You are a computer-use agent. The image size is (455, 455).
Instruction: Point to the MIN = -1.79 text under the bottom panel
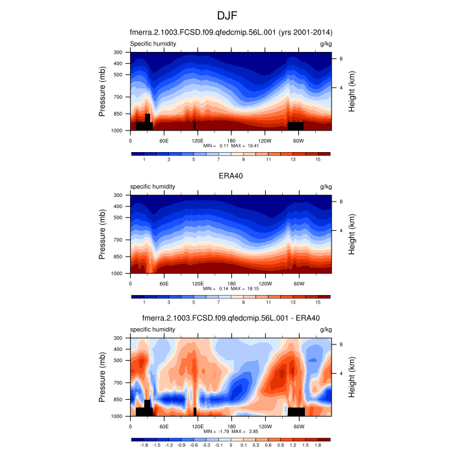click(x=214, y=432)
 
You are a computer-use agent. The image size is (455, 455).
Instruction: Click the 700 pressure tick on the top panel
click(x=118, y=97)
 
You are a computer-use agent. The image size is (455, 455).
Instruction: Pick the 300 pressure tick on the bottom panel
click(x=118, y=338)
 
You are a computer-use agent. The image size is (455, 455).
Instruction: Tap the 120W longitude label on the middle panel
click(x=265, y=283)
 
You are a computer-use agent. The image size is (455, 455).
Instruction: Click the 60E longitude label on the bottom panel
click(x=164, y=426)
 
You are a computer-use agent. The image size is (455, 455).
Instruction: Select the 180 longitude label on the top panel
click(x=231, y=140)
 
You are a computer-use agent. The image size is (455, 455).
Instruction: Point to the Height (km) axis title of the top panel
click(x=352, y=92)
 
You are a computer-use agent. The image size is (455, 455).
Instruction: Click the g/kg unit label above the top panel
click(x=326, y=44)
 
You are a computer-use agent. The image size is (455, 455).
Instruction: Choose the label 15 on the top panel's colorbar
click(x=318, y=159)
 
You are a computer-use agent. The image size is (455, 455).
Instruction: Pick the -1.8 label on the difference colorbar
click(x=144, y=445)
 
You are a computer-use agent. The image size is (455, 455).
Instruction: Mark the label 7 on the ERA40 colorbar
click(x=218, y=302)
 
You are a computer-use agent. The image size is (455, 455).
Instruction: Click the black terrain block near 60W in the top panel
click(x=296, y=125)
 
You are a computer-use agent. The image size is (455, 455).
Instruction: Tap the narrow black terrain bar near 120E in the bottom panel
click(x=195, y=411)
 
